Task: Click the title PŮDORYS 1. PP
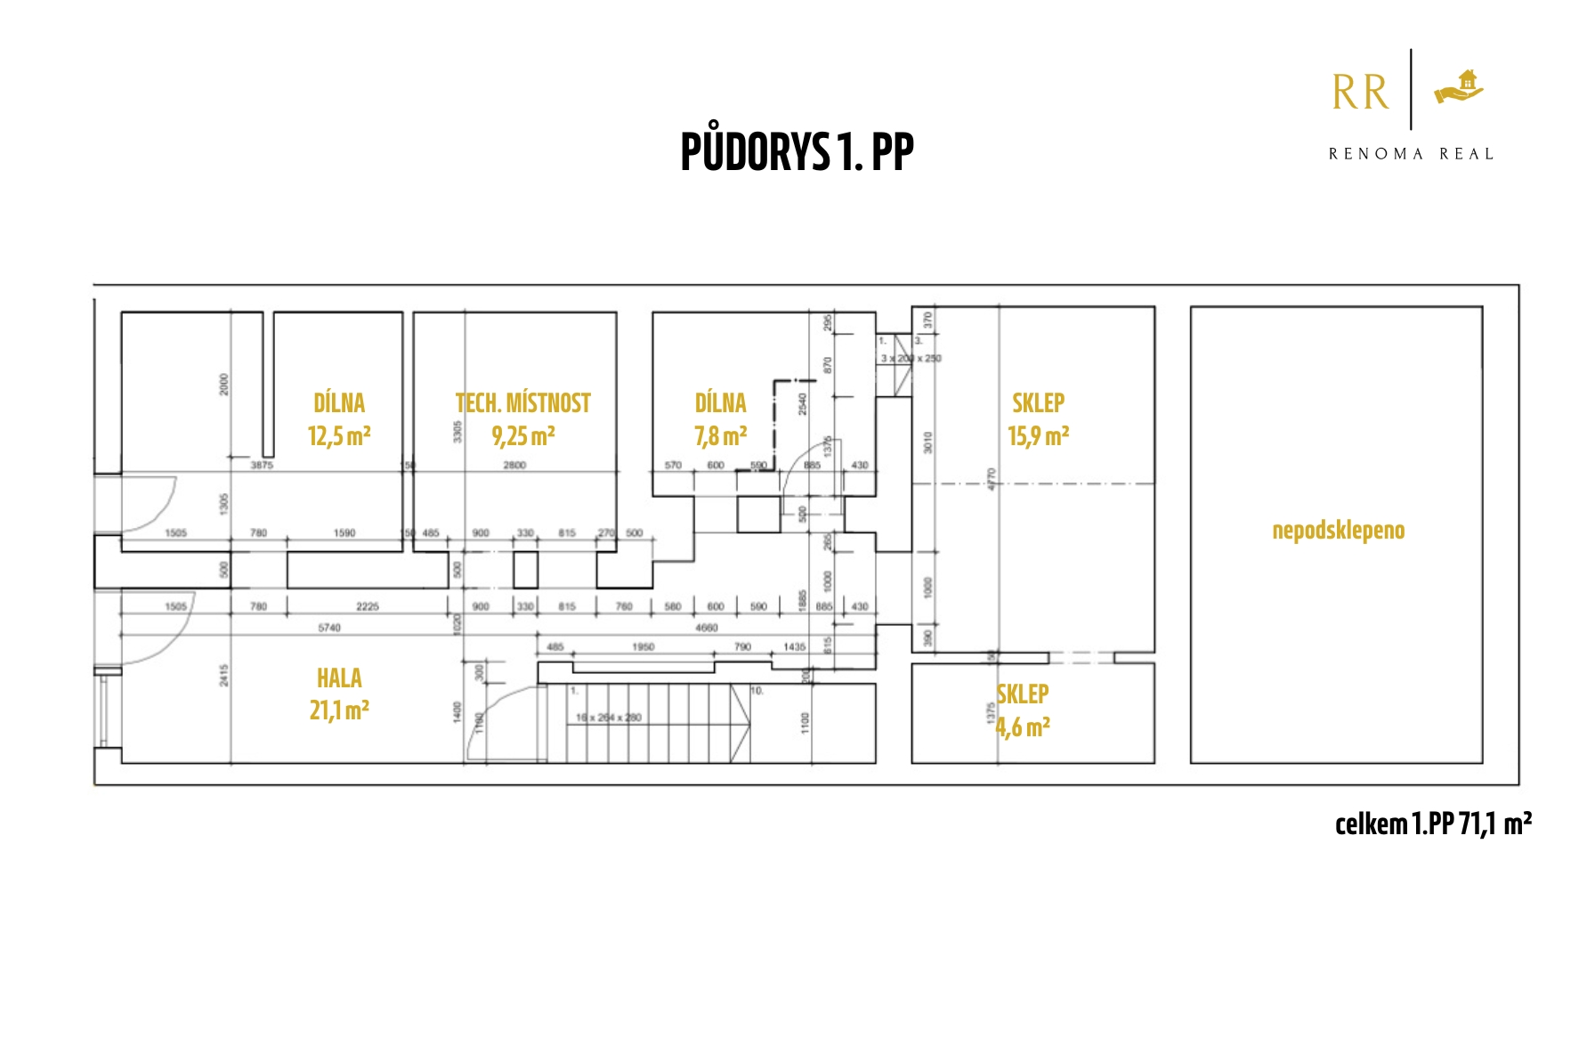pyautogui.click(x=797, y=151)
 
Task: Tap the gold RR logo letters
pyautogui.click(x=1360, y=93)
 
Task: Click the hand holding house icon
pyautogui.click(x=1460, y=88)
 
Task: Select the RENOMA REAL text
pyautogui.click(x=1411, y=154)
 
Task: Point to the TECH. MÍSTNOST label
pyautogui.click(x=523, y=403)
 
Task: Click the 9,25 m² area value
pyautogui.click(x=523, y=436)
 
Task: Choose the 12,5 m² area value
pyautogui.click(x=339, y=436)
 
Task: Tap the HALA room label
pyautogui.click(x=339, y=678)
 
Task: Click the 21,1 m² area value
pyautogui.click(x=339, y=710)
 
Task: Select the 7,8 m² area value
pyautogui.click(x=720, y=436)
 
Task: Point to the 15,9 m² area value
pyautogui.click(x=1038, y=436)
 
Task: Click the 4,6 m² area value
pyautogui.click(x=1023, y=728)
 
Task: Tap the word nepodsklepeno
pyautogui.click(x=1338, y=531)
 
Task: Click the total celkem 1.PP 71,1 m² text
pyautogui.click(x=1433, y=824)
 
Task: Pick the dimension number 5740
pyautogui.click(x=329, y=628)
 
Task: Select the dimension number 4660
pyautogui.click(x=706, y=628)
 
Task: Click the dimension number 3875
pyautogui.click(x=262, y=465)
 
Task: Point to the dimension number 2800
pyautogui.click(x=514, y=465)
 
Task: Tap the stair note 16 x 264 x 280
pyautogui.click(x=608, y=718)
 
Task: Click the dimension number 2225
pyautogui.click(x=368, y=606)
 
